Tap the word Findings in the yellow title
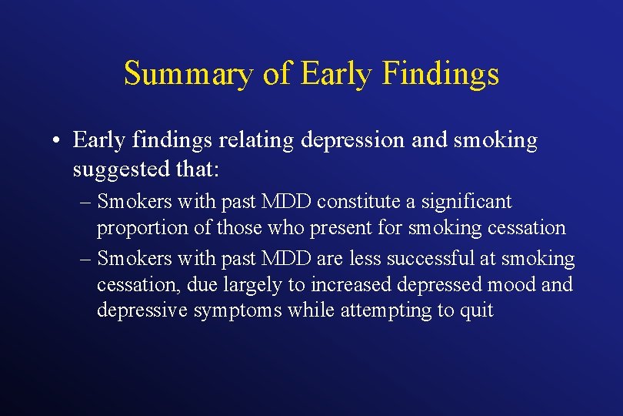441,74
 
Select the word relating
255,140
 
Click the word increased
350,284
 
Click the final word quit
476,311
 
